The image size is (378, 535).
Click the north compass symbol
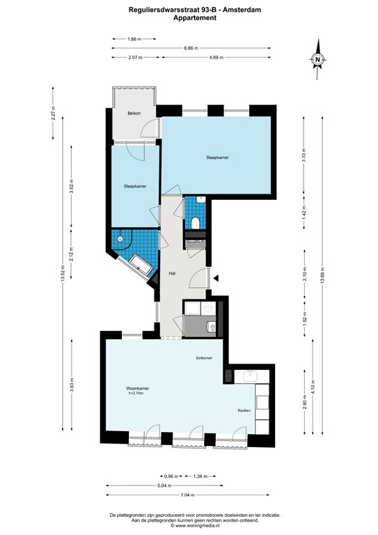pos(317,60)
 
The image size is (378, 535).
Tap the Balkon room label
pos(134,113)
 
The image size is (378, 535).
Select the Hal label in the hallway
pos(171,274)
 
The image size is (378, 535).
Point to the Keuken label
pos(243,410)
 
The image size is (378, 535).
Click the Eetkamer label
pos(204,358)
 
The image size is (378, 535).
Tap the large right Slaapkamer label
pos(217,157)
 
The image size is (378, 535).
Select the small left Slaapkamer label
pos(135,186)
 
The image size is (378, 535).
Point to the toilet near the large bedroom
pos(196,223)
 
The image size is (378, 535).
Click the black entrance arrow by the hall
pos(216,279)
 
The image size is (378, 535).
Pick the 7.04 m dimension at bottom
pos(186,495)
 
